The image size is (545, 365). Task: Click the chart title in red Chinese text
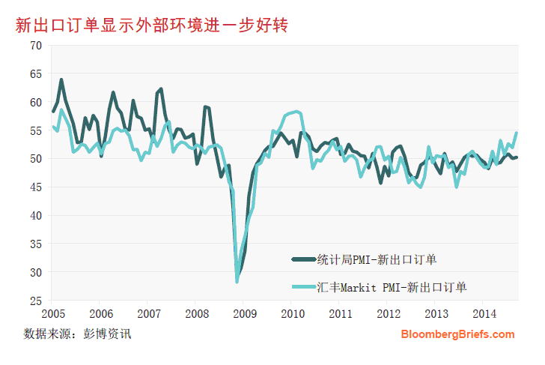click(153, 25)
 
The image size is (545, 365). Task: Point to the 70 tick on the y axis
click(35, 45)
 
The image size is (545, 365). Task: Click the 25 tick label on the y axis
click(35, 301)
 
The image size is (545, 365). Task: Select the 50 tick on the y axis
click(35, 158)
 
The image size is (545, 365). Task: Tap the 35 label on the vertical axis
click(35, 244)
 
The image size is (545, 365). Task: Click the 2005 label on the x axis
click(53, 313)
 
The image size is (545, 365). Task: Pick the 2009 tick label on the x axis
click(245, 313)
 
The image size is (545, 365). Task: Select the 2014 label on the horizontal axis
click(484, 313)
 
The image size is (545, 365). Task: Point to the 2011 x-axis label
click(341, 313)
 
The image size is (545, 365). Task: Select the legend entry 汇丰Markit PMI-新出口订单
click(392, 286)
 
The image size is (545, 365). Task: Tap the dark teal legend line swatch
click(303, 259)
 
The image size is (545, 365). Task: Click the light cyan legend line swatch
click(303, 286)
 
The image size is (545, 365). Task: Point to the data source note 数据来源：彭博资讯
click(78, 333)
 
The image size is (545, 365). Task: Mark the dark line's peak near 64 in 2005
click(61, 79)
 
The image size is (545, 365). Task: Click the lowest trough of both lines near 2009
click(237, 280)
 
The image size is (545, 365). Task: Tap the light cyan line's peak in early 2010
click(297, 112)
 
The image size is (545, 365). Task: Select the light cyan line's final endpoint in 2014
click(517, 133)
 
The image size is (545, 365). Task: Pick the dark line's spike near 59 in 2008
click(205, 107)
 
